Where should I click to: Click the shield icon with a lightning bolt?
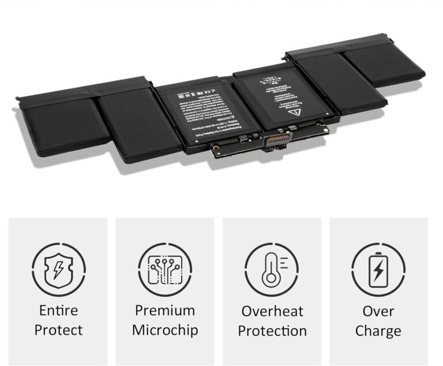click(58, 269)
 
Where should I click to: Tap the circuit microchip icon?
click(164, 269)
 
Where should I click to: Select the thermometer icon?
click(271, 269)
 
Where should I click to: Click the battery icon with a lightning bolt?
click(378, 269)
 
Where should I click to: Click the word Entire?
click(58, 311)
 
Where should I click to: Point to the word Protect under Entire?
click(58, 330)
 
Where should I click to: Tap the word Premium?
click(164, 311)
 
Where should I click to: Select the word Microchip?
click(164, 330)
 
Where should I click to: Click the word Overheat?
click(272, 311)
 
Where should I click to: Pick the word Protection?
click(272, 331)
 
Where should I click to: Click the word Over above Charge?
click(378, 311)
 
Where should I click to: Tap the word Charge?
click(378, 331)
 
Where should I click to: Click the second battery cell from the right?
click(335, 81)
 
